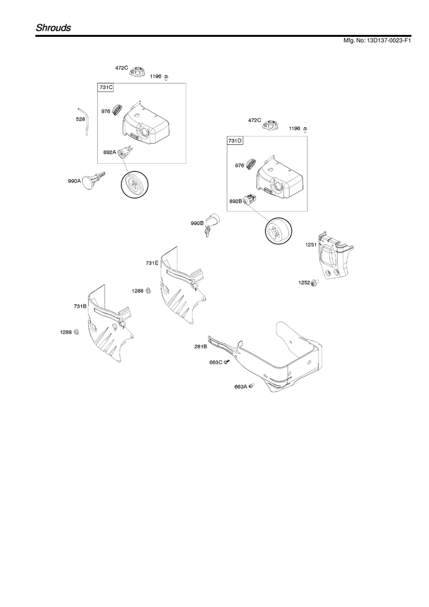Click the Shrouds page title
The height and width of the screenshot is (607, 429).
pyautogui.click(x=53, y=28)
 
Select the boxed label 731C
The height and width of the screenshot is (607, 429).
pyautogui.click(x=106, y=88)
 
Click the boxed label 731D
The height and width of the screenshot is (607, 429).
pyautogui.click(x=235, y=140)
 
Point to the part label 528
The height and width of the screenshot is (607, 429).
pyautogui.click(x=80, y=119)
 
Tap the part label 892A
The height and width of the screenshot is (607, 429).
pyautogui.click(x=109, y=153)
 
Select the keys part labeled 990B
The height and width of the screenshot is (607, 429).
pyautogui.click(x=212, y=224)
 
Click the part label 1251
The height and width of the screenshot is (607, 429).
pyautogui.click(x=311, y=245)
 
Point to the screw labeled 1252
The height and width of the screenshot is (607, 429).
pyautogui.click(x=315, y=283)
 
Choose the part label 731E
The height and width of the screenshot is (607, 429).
pyautogui.click(x=152, y=263)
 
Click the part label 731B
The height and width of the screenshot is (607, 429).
pyautogui.click(x=80, y=306)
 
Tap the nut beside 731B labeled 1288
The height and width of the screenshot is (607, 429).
pyautogui.click(x=76, y=332)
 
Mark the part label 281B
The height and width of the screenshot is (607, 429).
pyautogui.click(x=201, y=346)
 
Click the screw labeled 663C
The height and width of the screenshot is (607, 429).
pyautogui.click(x=227, y=362)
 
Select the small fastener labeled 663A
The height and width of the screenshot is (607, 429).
pyautogui.click(x=251, y=386)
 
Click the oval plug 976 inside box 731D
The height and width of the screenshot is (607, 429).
pyautogui.click(x=251, y=163)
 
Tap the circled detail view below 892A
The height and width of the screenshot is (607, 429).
pyautogui.click(x=134, y=186)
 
